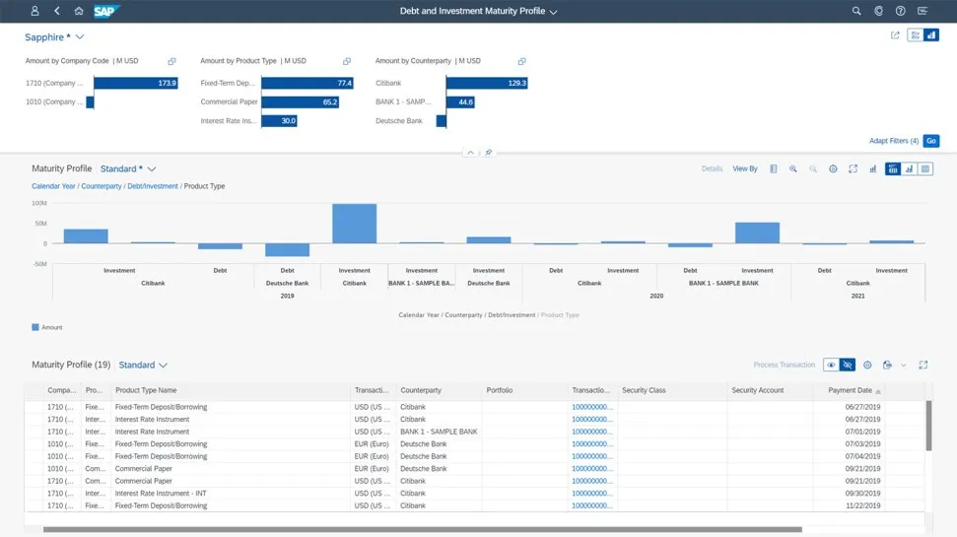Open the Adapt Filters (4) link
click(x=893, y=141)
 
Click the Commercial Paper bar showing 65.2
click(x=301, y=101)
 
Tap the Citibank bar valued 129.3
click(x=487, y=83)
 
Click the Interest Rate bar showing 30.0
click(x=279, y=121)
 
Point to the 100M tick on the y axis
click(x=39, y=203)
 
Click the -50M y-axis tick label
click(x=39, y=263)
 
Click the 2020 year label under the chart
click(x=655, y=296)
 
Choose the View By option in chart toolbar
click(x=744, y=168)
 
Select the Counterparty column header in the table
click(x=421, y=390)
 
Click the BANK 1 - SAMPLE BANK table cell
click(x=439, y=432)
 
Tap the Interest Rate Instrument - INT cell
click(x=160, y=494)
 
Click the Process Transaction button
click(x=784, y=365)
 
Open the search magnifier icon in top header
click(x=856, y=11)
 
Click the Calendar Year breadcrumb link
click(x=53, y=186)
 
